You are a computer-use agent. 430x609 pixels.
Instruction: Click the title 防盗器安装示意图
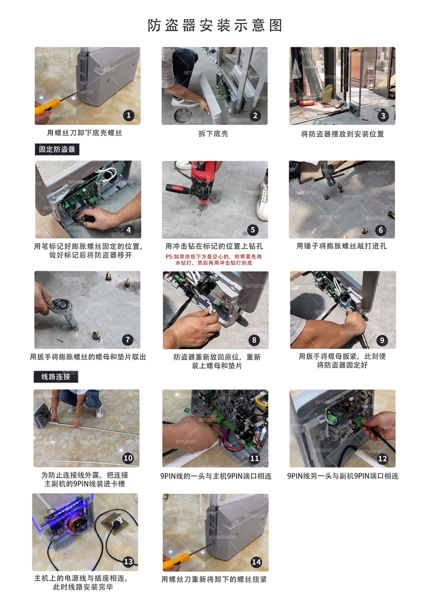click(x=214, y=26)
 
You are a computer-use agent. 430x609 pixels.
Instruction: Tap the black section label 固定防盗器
click(x=57, y=149)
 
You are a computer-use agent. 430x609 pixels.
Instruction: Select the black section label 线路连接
click(x=56, y=377)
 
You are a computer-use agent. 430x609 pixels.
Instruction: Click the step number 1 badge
click(x=128, y=115)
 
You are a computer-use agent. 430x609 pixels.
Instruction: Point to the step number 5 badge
click(x=253, y=230)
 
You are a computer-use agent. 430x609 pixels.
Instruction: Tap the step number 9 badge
click(x=382, y=340)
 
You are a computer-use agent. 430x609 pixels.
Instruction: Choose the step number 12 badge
click(x=383, y=459)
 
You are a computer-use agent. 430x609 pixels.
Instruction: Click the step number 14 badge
click(x=256, y=562)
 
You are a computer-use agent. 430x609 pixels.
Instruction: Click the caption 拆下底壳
click(x=213, y=133)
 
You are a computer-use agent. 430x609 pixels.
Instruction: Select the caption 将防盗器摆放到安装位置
click(x=342, y=134)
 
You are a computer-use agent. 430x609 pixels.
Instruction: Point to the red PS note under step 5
click(x=214, y=259)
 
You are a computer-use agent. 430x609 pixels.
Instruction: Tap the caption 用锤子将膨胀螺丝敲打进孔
click(x=341, y=246)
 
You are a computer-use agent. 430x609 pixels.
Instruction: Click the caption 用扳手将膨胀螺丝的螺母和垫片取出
click(x=88, y=357)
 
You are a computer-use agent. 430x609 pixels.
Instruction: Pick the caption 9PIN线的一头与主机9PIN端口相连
click(x=216, y=476)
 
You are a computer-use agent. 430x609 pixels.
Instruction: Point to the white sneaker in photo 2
click(x=185, y=103)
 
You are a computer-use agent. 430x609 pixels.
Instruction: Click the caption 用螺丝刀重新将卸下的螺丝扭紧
click(x=214, y=579)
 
